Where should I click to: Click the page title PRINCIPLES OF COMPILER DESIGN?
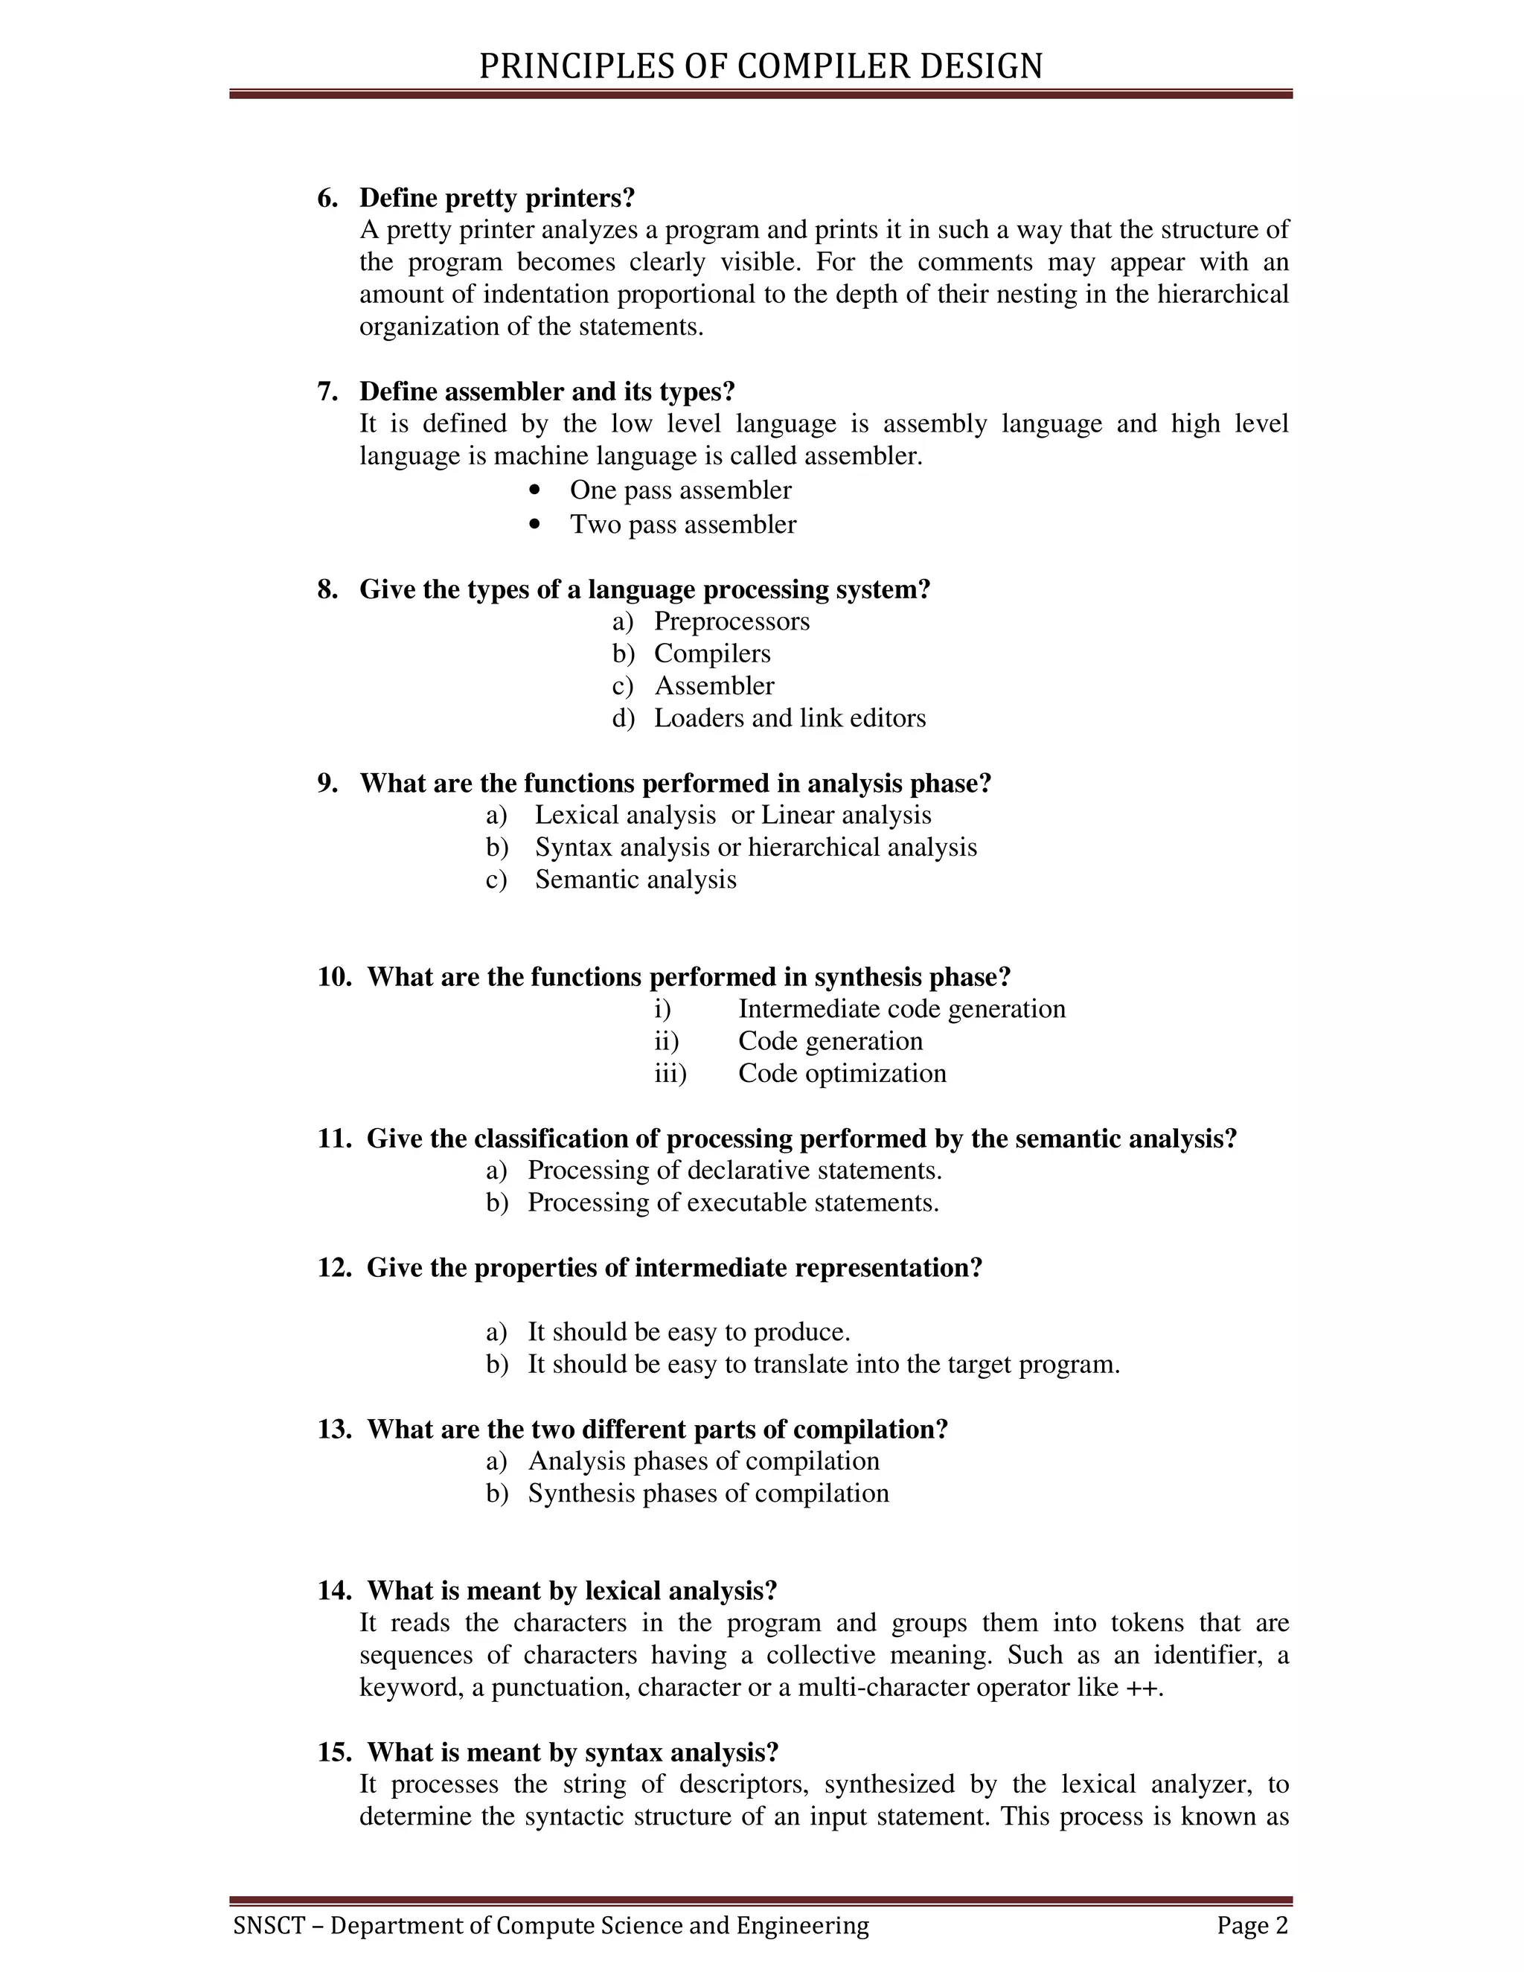[x=761, y=67]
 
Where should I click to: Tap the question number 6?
[x=327, y=198]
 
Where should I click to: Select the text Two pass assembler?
[x=682, y=525]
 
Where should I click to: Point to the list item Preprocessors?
[x=731, y=621]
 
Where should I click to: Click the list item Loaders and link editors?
[x=790, y=718]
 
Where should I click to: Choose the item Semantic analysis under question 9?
[x=635, y=880]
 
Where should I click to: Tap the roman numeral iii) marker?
[x=670, y=1074]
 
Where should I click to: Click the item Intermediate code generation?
[x=901, y=1008]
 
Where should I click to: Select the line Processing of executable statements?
[x=733, y=1203]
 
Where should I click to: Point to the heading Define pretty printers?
[x=498, y=198]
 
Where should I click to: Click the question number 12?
[x=333, y=1268]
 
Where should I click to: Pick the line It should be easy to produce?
[x=689, y=1332]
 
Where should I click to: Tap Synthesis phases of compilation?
[x=708, y=1494]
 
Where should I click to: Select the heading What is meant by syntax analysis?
[x=572, y=1752]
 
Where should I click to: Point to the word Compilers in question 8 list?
[x=712, y=653]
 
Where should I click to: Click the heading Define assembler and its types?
[x=547, y=392]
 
